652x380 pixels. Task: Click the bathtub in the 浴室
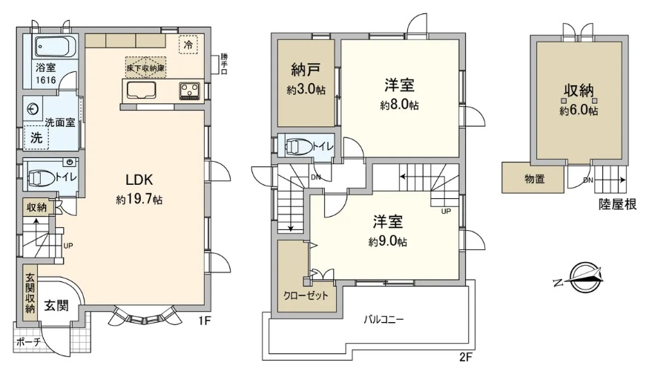coord(56,46)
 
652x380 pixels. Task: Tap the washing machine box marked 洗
coord(36,137)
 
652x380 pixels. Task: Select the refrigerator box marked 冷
coord(188,44)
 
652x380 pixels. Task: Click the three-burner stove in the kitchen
coord(190,91)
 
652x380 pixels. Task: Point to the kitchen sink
coord(141,91)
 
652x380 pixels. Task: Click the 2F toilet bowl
coord(299,146)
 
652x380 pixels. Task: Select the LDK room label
coord(139,180)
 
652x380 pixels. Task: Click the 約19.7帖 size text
coord(139,200)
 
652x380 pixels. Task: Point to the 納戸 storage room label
coord(306,70)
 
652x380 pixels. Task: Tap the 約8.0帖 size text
coord(399,105)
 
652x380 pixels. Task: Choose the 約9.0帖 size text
coord(387,242)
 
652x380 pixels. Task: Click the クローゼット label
coord(306,296)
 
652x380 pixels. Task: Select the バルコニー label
coord(383,320)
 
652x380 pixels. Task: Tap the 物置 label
coord(535,179)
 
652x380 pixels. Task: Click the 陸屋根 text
coord(617,204)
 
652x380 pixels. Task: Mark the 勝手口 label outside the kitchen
coord(225,65)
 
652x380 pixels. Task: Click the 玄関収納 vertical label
coord(30,293)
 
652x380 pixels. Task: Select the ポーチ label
coord(29,343)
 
